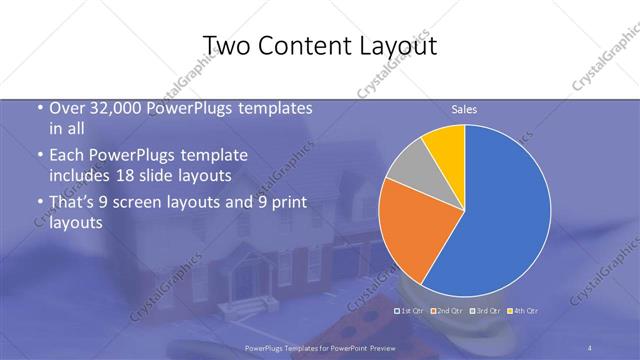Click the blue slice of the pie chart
[500, 210]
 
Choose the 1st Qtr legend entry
[410, 311]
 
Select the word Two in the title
[226, 46]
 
